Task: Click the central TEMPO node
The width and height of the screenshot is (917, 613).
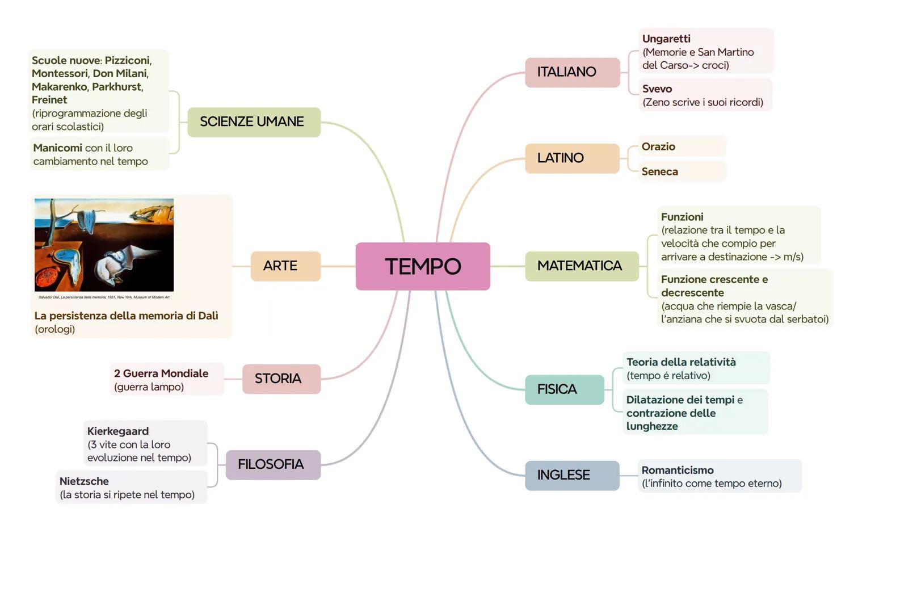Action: (x=423, y=266)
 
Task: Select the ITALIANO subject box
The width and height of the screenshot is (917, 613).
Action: (x=572, y=72)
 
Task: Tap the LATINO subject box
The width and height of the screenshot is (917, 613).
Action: (x=571, y=158)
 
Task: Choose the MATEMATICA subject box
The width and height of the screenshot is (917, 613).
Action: (x=581, y=266)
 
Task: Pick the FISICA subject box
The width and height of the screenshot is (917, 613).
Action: (x=564, y=389)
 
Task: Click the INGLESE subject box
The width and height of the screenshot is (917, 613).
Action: (x=571, y=475)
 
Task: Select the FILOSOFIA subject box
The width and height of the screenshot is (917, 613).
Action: (x=273, y=464)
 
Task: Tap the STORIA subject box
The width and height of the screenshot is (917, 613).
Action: (x=281, y=379)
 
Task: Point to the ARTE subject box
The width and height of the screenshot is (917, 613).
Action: (x=285, y=266)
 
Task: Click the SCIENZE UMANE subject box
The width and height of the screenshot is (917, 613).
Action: (x=254, y=121)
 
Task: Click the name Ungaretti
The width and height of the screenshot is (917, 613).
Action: (x=666, y=39)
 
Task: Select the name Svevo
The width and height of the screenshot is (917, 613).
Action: (x=657, y=89)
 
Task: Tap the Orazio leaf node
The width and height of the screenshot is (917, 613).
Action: (x=658, y=146)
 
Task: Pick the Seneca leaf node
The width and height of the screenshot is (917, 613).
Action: (x=659, y=171)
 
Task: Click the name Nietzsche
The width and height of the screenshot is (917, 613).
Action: (x=84, y=481)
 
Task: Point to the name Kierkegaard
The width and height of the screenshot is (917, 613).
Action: (x=118, y=431)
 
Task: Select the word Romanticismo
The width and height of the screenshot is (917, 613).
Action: (x=678, y=470)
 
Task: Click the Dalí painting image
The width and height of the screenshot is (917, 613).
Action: (x=104, y=245)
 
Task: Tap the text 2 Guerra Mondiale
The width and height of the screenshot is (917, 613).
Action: (x=161, y=373)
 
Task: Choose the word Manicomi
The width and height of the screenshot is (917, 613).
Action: (x=57, y=148)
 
